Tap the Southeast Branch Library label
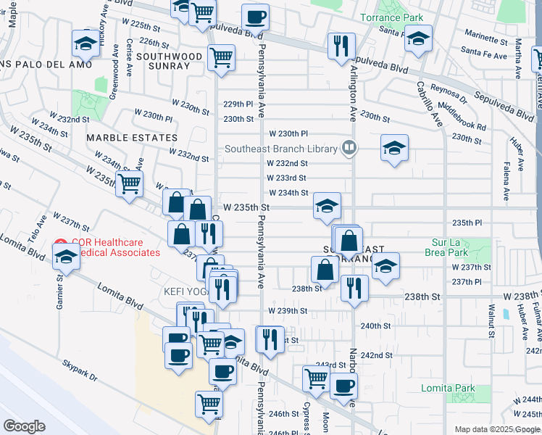click(x=282, y=149)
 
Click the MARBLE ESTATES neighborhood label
click(x=132, y=138)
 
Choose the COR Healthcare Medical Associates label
click(x=116, y=247)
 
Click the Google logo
click(x=24, y=426)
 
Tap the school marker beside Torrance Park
click(x=417, y=38)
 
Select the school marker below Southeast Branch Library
click(x=394, y=149)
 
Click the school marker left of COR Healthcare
click(x=66, y=257)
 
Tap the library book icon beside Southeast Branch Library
click(x=349, y=149)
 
